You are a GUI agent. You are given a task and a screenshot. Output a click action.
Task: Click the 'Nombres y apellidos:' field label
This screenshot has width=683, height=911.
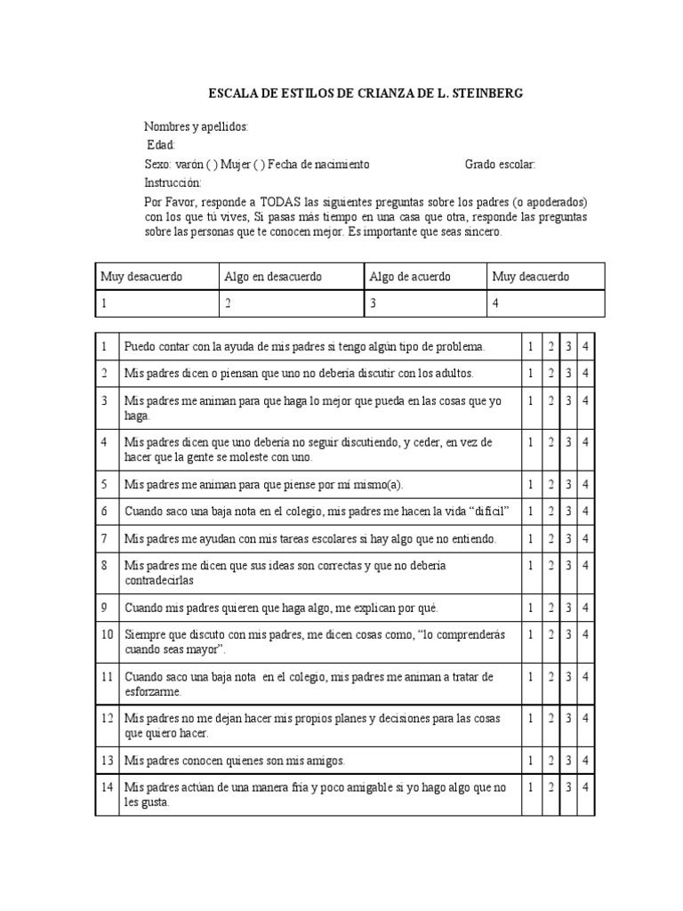pos(197,127)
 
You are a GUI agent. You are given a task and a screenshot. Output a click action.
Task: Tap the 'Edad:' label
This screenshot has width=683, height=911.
pos(162,145)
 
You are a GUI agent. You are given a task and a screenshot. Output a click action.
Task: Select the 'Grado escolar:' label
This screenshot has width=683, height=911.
pos(500,165)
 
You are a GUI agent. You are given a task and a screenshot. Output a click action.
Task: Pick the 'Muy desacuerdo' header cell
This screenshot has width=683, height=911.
pos(141,277)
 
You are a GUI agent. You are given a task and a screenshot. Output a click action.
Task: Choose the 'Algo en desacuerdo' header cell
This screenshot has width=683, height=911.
pos(273,277)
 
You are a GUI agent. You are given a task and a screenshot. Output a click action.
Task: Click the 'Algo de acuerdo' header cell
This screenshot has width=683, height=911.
pos(410,277)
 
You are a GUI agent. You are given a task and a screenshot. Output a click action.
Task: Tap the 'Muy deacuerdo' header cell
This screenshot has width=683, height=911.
pos(531,277)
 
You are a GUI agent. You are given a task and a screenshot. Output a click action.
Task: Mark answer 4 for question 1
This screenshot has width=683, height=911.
pos(585,345)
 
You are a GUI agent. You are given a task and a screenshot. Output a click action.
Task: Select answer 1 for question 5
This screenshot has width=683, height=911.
pos(530,485)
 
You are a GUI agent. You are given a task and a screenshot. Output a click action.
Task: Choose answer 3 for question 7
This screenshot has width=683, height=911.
pos(568,538)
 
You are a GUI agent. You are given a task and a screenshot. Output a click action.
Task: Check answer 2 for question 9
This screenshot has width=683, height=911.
pos(550,608)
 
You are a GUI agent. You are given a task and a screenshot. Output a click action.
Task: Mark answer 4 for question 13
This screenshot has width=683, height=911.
pos(585,760)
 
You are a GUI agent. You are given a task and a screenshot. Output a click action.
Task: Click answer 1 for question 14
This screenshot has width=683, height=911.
pos(530,787)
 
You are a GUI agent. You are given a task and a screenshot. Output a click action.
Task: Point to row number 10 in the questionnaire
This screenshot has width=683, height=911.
pos(107,634)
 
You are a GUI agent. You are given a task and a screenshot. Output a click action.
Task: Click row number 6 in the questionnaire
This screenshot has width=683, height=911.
pos(104,512)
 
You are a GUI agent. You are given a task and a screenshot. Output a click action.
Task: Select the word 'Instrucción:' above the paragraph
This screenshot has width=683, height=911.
pos(173,182)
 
